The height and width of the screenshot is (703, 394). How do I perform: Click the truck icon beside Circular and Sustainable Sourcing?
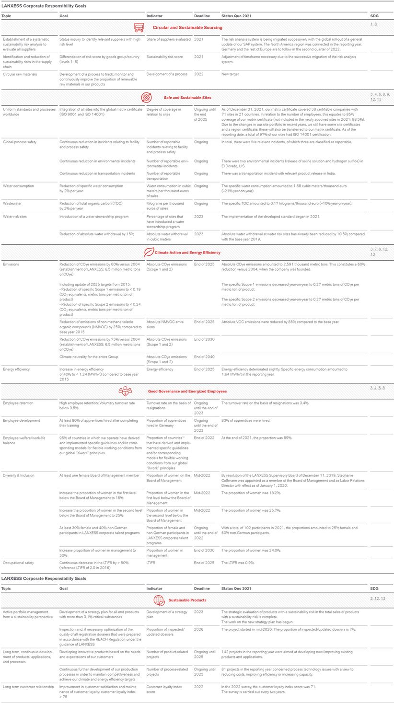[x=139, y=27]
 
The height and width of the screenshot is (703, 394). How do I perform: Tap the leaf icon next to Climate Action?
[x=149, y=252]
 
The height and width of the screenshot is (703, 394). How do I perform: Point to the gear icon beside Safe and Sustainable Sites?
[x=146, y=97]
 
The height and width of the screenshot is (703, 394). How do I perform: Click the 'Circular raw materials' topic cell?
[x=20, y=74]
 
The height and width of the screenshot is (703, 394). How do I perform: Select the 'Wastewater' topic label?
[x=12, y=203]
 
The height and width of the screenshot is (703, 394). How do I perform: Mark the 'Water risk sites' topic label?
[x=16, y=217]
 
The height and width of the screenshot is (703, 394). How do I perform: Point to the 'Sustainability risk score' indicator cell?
[x=164, y=57]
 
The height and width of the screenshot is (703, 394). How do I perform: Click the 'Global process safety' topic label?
[x=19, y=142]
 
